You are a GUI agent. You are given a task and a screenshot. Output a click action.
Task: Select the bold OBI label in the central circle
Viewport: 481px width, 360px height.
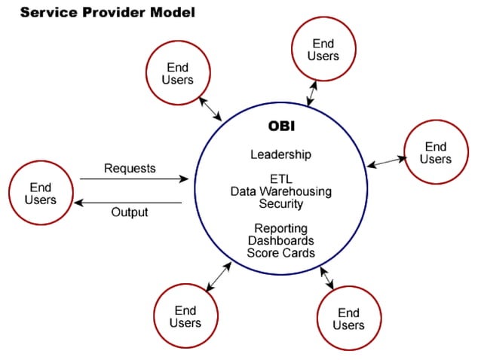click(x=280, y=125)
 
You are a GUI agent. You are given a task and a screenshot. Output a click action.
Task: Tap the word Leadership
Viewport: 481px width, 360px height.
click(x=280, y=154)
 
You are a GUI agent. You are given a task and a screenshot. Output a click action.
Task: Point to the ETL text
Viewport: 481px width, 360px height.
click(x=280, y=179)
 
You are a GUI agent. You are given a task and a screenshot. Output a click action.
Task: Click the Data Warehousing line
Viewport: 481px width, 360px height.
click(x=280, y=191)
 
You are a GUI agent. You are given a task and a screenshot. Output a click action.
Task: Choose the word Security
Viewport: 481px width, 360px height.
click(x=280, y=204)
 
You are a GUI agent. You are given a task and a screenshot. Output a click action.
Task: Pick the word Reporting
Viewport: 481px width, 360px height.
click(x=280, y=228)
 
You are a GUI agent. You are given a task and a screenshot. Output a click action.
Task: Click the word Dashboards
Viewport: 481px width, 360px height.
click(x=280, y=240)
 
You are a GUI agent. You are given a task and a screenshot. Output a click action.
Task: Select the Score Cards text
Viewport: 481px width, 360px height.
click(x=280, y=253)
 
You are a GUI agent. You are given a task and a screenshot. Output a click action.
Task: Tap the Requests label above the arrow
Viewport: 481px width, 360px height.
click(x=129, y=167)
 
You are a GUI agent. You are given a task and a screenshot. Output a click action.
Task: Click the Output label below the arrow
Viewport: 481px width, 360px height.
click(x=130, y=212)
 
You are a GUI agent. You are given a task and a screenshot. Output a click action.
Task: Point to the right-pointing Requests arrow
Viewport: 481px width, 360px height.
click(x=134, y=179)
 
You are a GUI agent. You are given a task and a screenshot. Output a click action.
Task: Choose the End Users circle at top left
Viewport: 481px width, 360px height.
click(x=178, y=74)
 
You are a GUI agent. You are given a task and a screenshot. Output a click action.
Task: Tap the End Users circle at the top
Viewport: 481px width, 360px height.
click(x=323, y=50)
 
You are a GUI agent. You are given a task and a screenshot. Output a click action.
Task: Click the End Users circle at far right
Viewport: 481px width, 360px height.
click(x=436, y=152)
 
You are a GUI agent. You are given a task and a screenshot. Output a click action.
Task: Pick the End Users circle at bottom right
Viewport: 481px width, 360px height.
click(x=348, y=319)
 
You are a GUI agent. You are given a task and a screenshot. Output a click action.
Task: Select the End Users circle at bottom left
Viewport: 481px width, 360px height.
click(x=185, y=316)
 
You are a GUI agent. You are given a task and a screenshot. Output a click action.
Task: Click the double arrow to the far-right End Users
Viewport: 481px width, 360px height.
click(x=386, y=162)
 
